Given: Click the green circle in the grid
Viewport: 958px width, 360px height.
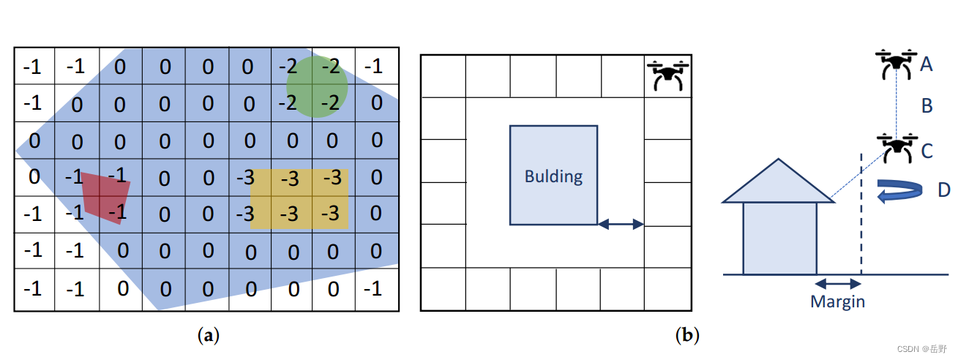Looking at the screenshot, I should click(x=316, y=86).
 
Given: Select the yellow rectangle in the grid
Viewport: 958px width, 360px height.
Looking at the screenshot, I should click(x=299, y=199).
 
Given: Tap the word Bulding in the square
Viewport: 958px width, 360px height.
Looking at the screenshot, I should click(x=553, y=176).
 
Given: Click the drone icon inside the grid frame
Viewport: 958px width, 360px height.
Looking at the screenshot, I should click(x=668, y=75).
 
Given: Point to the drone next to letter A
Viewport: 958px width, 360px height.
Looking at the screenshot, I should click(x=896, y=64).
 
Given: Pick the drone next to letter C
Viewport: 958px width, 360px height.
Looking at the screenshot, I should click(x=896, y=149).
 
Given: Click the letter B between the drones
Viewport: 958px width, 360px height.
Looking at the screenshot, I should click(x=927, y=107).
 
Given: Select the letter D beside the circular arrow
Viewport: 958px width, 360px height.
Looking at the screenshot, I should click(x=944, y=190).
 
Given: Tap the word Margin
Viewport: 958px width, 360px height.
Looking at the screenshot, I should click(x=837, y=301).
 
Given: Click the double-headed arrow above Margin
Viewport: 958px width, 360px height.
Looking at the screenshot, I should click(x=838, y=283).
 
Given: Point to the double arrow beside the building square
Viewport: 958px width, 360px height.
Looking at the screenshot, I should click(x=621, y=225).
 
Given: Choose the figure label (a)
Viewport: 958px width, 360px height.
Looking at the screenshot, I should click(x=209, y=336).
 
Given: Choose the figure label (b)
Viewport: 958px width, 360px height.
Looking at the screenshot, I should click(x=687, y=336).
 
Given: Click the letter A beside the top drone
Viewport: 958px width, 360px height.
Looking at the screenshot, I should click(x=926, y=65).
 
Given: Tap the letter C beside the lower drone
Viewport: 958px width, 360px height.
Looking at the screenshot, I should click(x=927, y=151).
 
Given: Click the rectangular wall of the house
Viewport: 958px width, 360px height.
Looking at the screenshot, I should click(x=779, y=238).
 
